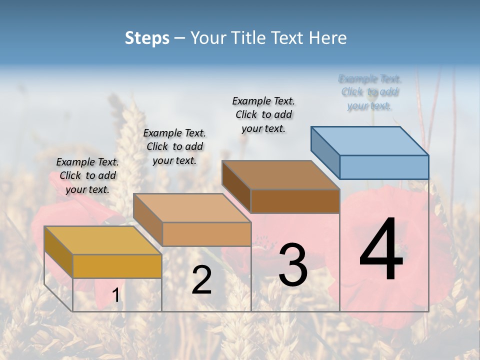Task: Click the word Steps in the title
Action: point(147,38)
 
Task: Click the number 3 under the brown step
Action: point(292,265)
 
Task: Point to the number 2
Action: point(201,280)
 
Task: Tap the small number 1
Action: point(116,295)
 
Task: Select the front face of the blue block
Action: point(384,167)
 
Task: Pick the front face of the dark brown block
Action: point(295,201)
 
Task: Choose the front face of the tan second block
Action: point(206,234)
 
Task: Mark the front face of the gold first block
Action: point(117,266)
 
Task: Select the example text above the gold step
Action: point(87,175)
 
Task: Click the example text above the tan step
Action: point(174,146)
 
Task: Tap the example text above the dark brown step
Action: point(263,114)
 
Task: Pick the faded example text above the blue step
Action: point(370,92)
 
